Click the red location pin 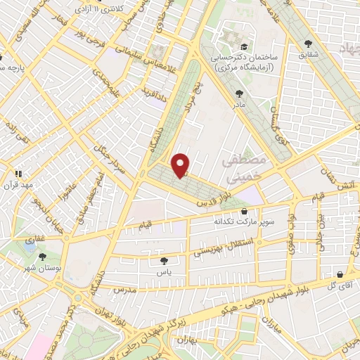pos(181,165)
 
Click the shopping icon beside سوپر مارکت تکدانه pos(244,210)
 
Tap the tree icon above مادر pos(240,93)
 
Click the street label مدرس pos(123,289)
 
